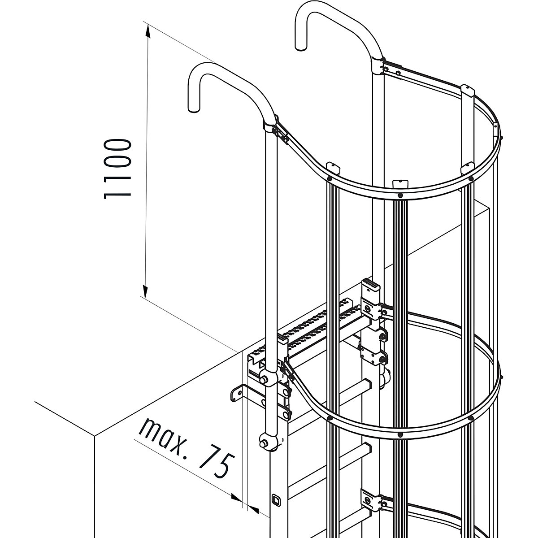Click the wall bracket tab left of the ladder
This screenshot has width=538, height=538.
tap(236, 393)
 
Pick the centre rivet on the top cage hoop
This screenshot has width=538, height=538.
tap(399, 195)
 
